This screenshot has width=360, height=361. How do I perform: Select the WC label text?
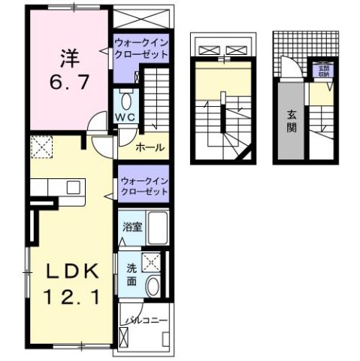125,117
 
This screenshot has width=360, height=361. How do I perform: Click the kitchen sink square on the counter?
74,187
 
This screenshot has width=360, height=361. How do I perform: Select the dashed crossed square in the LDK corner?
41,149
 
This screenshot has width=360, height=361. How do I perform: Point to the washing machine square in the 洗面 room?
153,263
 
